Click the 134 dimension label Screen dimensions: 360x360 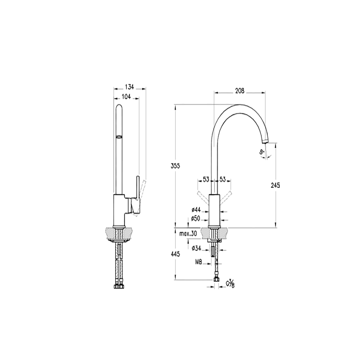click(x=129, y=87)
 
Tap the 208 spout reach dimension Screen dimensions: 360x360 click(x=240, y=91)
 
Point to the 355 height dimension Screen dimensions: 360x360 click(x=175, y=166)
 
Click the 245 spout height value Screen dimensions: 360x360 click(x=275, y=185)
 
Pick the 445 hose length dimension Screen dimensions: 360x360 click(x=175, y=254)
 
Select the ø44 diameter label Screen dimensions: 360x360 click(x=196, y=210)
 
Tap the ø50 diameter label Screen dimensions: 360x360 click(x=195, y=219)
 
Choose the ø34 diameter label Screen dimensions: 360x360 click(x=196, y=248)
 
